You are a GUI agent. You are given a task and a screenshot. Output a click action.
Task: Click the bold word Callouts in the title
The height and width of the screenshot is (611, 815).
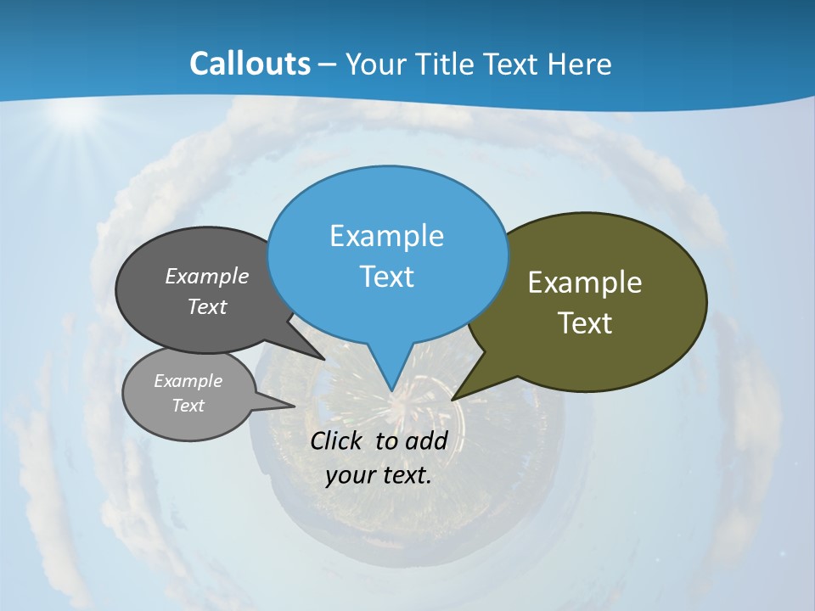[250, 64]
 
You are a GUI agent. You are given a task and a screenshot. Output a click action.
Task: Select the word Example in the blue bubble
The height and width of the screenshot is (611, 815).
[386, 236]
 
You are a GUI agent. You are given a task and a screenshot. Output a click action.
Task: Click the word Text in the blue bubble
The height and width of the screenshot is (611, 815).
[386, 277]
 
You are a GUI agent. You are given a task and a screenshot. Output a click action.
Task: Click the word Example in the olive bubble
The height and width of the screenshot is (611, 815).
[585, 283]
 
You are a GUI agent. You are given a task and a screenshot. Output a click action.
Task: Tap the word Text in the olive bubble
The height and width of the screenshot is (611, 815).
[585, 323]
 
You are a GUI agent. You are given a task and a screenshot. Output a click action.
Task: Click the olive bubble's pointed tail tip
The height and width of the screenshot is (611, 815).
[453, 398]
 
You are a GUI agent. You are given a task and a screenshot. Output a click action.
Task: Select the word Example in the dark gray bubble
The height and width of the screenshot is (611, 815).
[207, 277]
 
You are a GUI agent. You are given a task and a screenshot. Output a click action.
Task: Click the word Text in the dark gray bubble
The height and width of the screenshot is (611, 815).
[207, 307]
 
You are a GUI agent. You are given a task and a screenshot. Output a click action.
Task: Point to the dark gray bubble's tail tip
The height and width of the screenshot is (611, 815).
[323, 358]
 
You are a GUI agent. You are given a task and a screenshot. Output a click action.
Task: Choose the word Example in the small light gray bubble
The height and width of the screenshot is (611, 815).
[188, 381]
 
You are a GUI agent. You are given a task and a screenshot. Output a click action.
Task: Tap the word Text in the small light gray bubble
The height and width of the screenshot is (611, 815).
[188, 406]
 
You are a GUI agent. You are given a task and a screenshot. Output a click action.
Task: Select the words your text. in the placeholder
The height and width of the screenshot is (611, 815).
[379, 475]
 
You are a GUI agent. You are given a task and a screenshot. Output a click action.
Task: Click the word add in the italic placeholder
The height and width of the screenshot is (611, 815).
[425, 441]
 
